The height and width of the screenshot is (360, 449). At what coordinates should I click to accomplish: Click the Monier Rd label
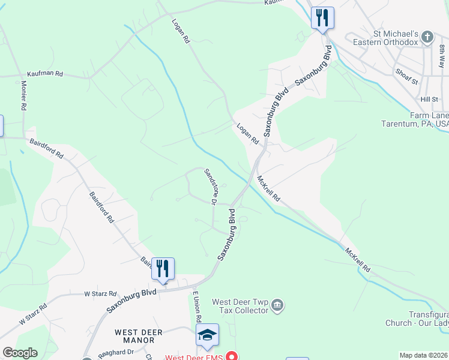(x=24, y=95)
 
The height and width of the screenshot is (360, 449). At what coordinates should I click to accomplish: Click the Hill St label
(x=429, y=99)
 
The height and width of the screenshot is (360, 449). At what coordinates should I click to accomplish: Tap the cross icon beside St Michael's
(x=427, y=37)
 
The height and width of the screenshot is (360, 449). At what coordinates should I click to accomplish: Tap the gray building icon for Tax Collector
(x=277, y=306)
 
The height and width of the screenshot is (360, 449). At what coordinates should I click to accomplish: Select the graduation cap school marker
(x=207, y=335)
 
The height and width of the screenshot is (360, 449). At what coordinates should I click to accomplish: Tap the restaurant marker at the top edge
(x=322, y=18)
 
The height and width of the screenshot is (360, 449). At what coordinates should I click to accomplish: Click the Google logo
(x=20, y=353)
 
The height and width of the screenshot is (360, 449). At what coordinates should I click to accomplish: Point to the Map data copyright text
(x=424, y=355)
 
